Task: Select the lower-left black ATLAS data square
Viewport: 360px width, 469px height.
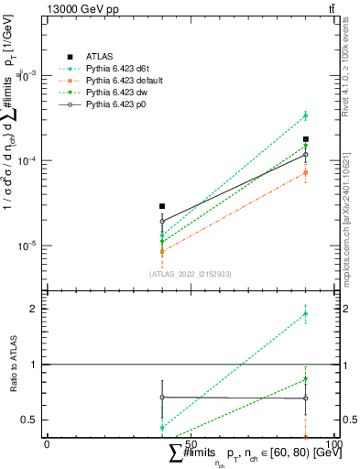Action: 162,206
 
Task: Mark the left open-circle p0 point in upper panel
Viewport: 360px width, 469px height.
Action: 162,221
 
